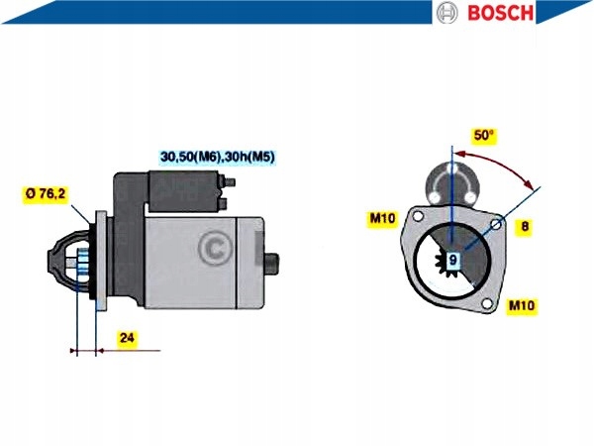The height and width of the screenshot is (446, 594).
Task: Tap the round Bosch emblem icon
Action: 448,13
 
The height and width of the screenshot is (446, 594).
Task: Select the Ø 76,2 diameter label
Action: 47,194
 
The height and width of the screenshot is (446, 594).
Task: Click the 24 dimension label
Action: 126,338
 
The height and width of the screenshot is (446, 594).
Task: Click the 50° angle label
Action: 484,135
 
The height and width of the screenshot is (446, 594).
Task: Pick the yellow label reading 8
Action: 525,227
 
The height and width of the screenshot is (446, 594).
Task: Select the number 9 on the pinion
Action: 452,260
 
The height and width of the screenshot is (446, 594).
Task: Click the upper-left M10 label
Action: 383,218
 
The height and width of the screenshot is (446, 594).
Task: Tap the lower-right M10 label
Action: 522,305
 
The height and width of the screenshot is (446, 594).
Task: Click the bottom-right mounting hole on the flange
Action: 486,304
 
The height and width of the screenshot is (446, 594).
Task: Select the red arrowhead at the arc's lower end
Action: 534,186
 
